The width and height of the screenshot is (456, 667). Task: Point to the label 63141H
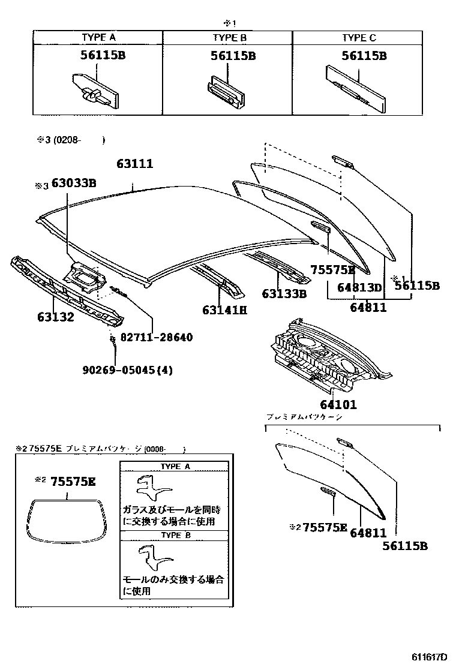(x=224, y=310)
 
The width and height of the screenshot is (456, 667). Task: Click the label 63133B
(x=284, y=293)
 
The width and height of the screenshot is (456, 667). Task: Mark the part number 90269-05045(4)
(x=127, y=370)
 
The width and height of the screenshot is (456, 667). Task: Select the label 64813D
(x=359, y=287)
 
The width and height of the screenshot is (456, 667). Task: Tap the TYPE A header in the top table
(x=98, y=38)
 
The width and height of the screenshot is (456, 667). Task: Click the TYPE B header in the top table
(x=229, y=38)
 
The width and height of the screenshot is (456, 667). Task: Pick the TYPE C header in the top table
(x=359, y=38)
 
